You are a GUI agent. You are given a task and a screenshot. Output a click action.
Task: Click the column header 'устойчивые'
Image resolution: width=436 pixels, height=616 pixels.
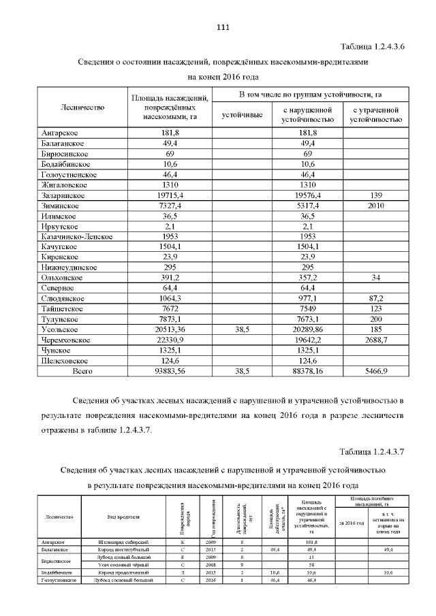tap(243, 114)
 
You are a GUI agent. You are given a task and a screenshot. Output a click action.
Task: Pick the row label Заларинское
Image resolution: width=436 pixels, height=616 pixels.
tap(63, 196)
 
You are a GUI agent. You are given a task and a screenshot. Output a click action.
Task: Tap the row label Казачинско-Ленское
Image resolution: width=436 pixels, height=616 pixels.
tap(76, 236)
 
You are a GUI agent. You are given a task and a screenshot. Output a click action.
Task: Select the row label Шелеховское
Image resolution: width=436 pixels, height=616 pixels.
tap(65, 360)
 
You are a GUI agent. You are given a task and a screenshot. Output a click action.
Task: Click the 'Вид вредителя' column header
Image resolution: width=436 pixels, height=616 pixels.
tap(123, 517)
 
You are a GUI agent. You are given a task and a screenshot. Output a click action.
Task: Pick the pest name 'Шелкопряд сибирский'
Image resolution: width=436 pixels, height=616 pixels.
tap(123, 542)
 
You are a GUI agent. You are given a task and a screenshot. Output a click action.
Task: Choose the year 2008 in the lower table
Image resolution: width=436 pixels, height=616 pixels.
tap(210, 565)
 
